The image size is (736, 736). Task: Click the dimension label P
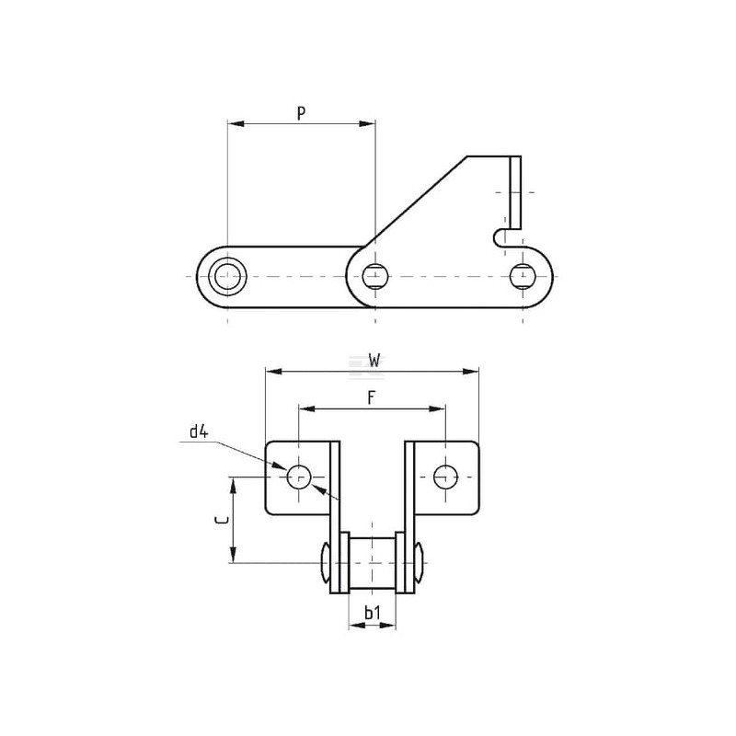pyautogui.click(x=302, y=113)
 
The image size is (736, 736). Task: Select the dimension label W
pyautogui.click(x=374, y=361)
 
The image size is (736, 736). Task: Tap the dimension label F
pyautogui.click(x=372, y=398)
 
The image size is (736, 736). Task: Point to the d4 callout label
pyautogui.click(x=199, y=431)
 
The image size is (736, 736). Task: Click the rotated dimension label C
pyautogui.click(x=221, y=520)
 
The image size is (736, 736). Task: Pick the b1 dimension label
pyautogui.click(x=373, y=613)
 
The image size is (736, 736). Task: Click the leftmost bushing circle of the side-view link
pyautogui.click(x=227, y=277)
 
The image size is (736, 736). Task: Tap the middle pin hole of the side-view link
pyautogui.click(x=375, y=277)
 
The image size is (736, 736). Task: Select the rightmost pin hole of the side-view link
pyautogui.click(x=523, y=277)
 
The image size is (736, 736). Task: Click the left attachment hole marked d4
pyautogui.click(x=298, y=477)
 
